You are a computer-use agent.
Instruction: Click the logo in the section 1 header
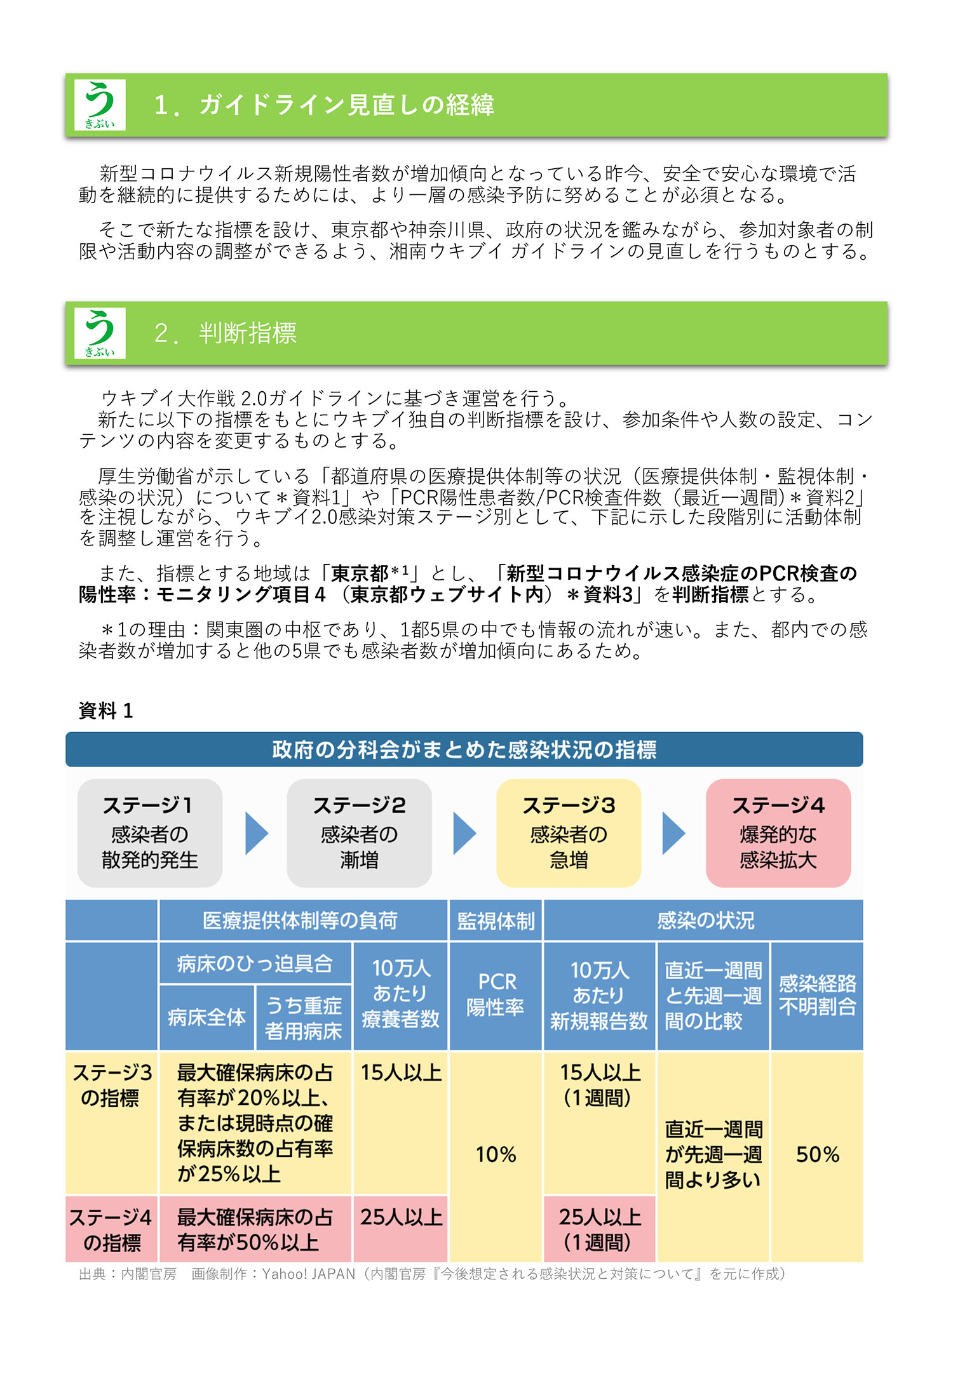pos(100,105)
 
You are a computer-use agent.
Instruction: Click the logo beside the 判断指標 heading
pos(100,333)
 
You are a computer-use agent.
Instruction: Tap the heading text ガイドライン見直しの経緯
pos(347,105)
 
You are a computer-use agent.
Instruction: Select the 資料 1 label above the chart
pos(105,711)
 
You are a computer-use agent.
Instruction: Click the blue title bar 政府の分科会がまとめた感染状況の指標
pos(464,749)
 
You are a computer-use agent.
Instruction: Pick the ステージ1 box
pos(150,833)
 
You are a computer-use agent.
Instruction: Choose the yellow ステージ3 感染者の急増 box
pos(569,833)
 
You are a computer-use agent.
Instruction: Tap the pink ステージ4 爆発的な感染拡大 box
pos(778,833)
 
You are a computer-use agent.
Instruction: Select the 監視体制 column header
pos(496,920)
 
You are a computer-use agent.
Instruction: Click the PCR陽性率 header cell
pos(496,996)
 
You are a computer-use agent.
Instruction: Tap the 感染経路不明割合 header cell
pos(817,996)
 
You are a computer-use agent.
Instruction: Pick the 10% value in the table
pos(496,1154)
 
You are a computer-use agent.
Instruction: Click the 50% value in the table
pos(818,1154)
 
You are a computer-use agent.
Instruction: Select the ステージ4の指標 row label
pos(111,1229)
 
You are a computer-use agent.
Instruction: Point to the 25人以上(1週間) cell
pos(599,1229)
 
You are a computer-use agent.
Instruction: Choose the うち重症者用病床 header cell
pos(303,1018)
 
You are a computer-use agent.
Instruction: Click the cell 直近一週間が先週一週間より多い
pos(713,1154)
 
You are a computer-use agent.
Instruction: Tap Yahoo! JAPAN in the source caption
pos(309,1274)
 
